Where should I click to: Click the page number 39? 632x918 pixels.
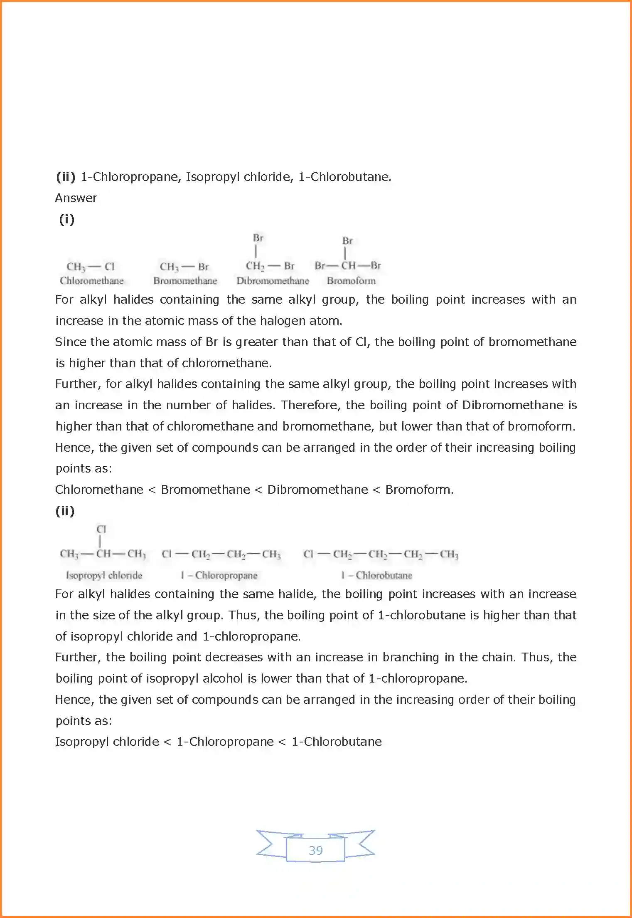pos(315,850)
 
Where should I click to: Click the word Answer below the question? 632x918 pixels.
pos(76,198)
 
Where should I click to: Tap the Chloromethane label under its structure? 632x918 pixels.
pos(91,281)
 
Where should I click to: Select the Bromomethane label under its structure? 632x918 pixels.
pos(185,281)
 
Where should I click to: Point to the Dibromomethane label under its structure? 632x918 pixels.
pos(273,281)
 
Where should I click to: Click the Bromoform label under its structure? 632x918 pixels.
pos(351,281)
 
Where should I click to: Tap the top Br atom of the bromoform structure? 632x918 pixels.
pos(347,241)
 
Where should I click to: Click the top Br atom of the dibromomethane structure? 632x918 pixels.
pos(258,238)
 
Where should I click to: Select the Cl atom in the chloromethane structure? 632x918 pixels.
pos(109,266)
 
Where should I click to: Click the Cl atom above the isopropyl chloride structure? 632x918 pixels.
pos(101,529)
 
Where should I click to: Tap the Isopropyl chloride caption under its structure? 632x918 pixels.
pos(104,575)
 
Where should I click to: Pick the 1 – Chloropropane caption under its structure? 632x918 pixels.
pos(219,575)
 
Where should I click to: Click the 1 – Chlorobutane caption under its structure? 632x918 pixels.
pos(376,575)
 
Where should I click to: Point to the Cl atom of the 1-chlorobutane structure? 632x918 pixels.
pos(308,554)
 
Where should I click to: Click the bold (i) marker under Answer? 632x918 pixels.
pos(66,219)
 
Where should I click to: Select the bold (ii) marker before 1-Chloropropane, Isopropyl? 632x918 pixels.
pos(66,177)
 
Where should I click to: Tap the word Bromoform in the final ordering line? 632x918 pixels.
pos(418,490)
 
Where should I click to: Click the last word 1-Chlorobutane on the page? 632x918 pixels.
pos(337,742)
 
